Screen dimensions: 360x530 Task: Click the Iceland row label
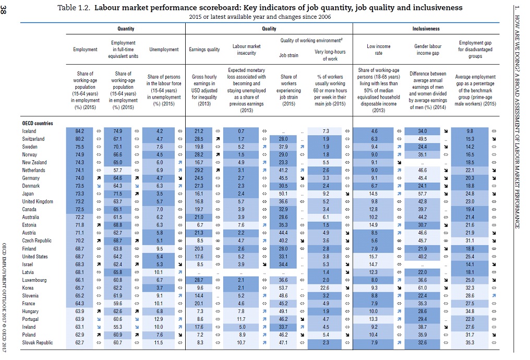click(x=29, y=131)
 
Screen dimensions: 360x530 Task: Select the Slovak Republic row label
click(x=37, y=343)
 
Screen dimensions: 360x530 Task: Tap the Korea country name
click(x=28, y=288)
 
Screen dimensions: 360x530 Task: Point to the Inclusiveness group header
click(x=426, y=29)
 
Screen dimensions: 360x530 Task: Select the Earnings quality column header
click(x=204, y=50)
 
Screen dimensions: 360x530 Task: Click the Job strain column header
click(x=288, y=55)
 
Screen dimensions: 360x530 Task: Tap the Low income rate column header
click(x=378, y=50)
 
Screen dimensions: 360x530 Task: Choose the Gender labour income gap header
click(x=428, y=50)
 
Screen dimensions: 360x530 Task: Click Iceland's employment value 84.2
click(x=79, y=131)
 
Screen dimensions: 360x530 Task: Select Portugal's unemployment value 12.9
click(x=160, y=319)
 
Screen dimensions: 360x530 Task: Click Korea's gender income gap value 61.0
click(x=423, y=288)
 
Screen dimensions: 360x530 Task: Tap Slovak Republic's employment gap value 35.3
click(x=470, y=343)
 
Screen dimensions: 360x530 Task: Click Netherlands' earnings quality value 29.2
click(x=198, y=170)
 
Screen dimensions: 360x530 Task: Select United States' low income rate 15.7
click(x=375, y=257)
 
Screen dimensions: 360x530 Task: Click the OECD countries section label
click(x=38, y=124)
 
